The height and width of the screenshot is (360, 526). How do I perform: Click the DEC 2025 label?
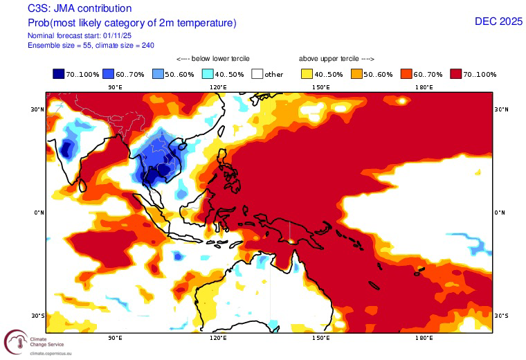pyautogui.click(x=498, y=21)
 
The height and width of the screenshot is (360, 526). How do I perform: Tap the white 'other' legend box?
pyautogui.click(x=257, y=73)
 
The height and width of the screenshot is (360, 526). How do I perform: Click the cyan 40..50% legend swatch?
pyautogui.click(x=208, y=73)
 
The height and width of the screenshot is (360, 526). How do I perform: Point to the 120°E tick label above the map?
pyautogui.click(x=218, y=87)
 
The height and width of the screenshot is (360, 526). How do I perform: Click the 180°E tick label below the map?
pyautogui.click(x=424, y=339)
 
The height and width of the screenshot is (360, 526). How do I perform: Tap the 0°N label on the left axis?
pyautogui.click(x=37, y=213)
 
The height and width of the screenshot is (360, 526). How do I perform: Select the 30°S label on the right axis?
pyautogui.click(x=502, y=315)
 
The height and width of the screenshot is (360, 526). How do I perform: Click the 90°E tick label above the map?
pyautogui.click(x=115, y=87)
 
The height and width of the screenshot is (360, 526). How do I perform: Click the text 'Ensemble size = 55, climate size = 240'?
pyautogui.click(x=91, y=45)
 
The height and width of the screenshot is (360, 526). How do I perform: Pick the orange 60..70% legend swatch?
pyautogui.click(x=408, y=73)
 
